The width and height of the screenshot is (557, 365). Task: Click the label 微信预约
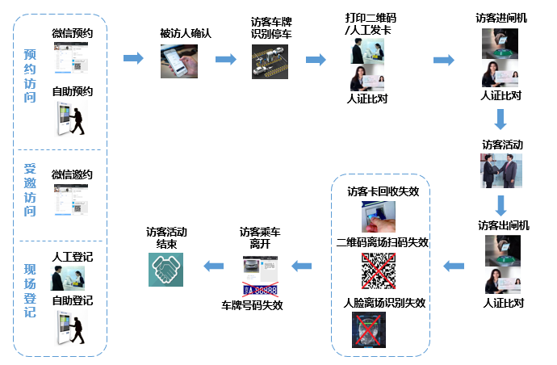(72, 33)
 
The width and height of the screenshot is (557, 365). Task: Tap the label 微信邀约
(72, 174)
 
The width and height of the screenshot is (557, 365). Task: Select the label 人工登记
(72, 257)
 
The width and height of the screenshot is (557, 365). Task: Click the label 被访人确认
(185, 34)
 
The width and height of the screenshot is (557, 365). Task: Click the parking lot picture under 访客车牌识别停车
(271, 61)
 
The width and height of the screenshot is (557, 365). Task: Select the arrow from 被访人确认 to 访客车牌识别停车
(225, 59)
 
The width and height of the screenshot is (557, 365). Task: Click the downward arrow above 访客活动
(500, 120)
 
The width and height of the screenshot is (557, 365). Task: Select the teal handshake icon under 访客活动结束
(166, 270)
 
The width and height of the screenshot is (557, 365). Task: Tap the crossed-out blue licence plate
(261, 288)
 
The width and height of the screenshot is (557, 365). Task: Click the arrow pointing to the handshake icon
(212, 264)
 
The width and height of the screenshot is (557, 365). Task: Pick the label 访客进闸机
(501, 17)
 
